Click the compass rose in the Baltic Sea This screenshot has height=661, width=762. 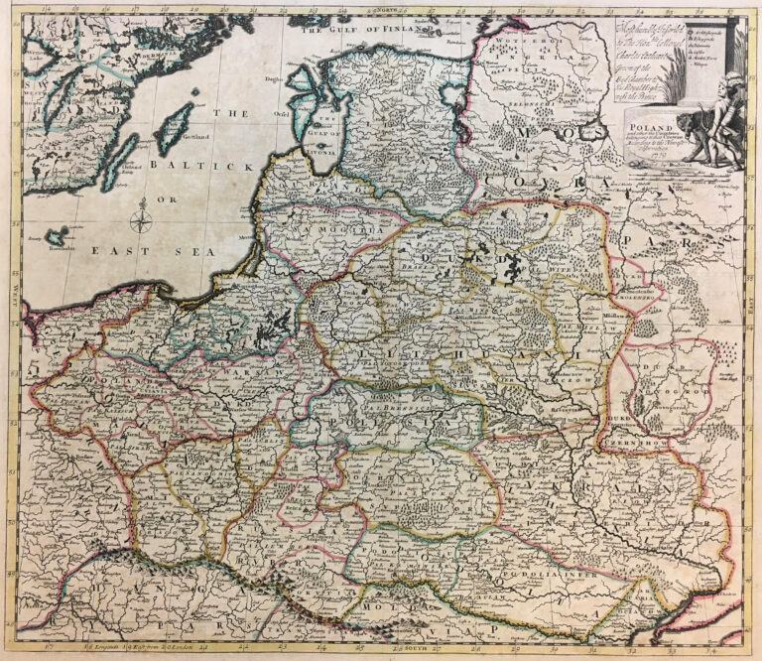point(143,214)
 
